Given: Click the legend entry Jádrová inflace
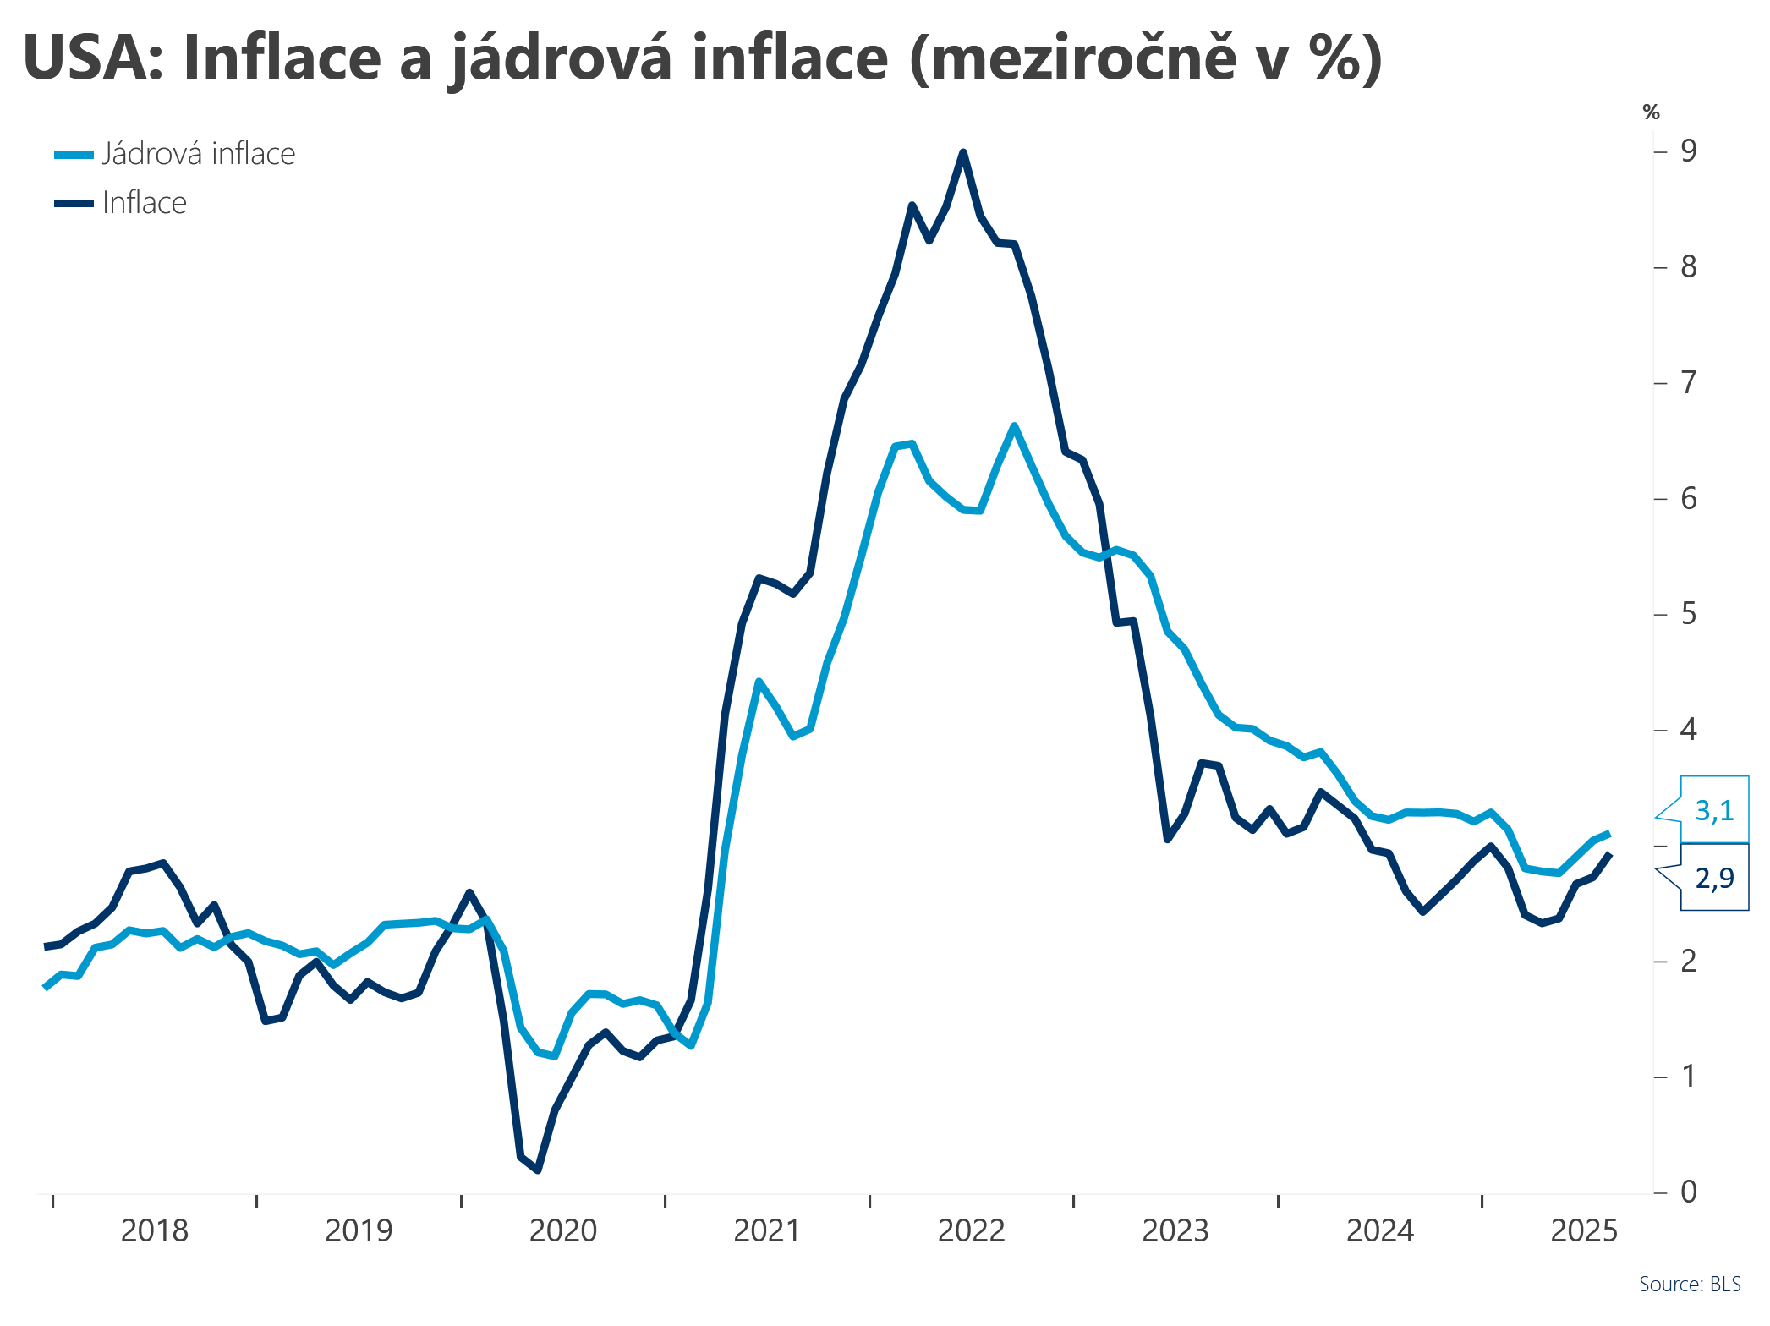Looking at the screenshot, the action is [175, 154].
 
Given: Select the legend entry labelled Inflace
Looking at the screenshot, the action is [120, 203].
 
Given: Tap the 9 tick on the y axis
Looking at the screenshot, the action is [1688, 151].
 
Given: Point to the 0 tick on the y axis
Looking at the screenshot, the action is [1688, 1192].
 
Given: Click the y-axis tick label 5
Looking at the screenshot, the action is [1688, 613].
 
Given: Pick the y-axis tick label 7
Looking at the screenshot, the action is [1688, 382].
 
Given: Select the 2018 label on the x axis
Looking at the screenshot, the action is [155, 1230].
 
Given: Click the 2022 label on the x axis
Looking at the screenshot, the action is [972, 1230].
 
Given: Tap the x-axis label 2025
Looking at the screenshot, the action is [1584, 1230].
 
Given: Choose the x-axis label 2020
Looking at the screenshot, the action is [563, 1230].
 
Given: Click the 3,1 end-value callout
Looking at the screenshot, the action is [1713, 810].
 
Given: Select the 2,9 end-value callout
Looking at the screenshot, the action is [1713, 878].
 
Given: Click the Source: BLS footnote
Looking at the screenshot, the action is [1690, 1284].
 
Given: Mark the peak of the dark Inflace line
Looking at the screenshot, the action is [962, 152].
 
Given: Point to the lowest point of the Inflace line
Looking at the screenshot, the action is [538, 1170].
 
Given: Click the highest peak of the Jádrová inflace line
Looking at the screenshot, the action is [1013, 425].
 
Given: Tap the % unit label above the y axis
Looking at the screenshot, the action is [1652, 112].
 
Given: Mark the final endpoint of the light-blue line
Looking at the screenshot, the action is [1608, 833].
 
